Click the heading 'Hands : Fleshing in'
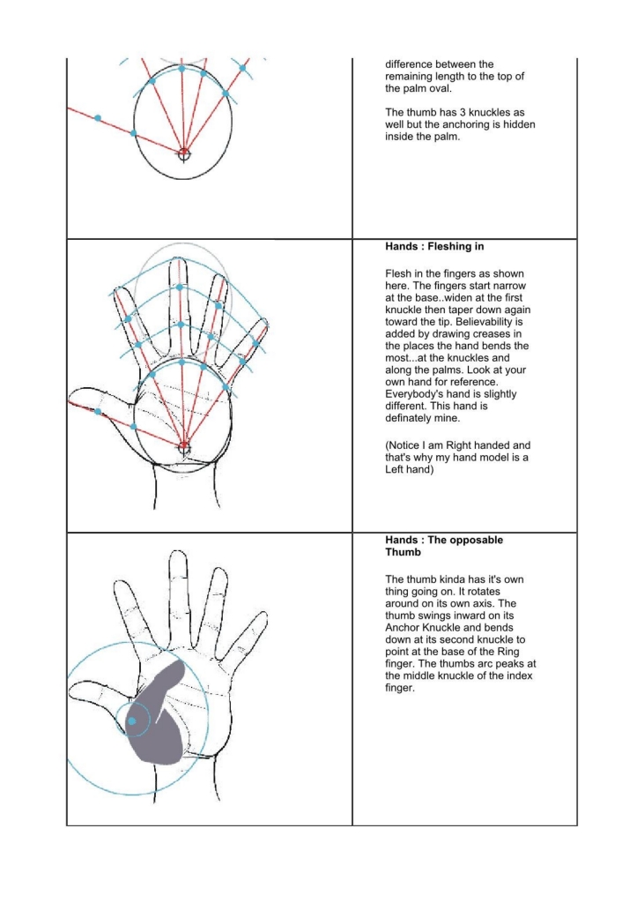coord(437,248)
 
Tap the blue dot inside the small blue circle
coord(131,721)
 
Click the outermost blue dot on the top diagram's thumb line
coord(98,117)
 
